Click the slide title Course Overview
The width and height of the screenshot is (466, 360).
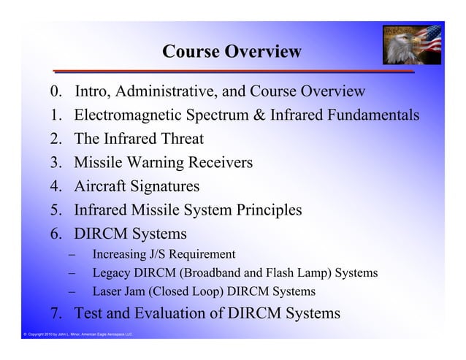pos(232,52)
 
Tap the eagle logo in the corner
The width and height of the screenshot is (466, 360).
pos(412,45)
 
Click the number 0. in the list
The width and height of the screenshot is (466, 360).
pos(57,92)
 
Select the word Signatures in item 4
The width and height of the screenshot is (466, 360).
pos(162,186)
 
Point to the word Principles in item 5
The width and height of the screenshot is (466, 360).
pos(262,210)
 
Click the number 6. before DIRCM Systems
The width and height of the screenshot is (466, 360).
pos(58,234)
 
